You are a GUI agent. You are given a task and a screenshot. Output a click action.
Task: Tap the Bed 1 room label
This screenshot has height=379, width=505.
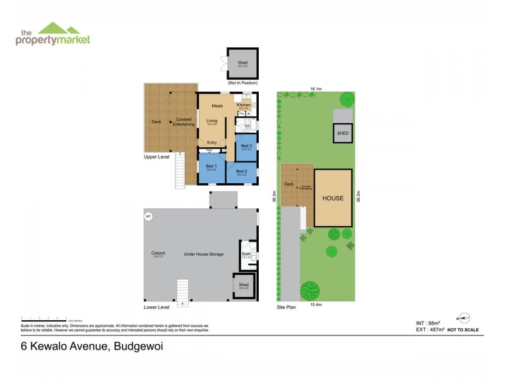(211, 167)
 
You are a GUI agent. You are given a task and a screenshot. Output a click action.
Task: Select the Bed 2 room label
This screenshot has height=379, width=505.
(241, 171)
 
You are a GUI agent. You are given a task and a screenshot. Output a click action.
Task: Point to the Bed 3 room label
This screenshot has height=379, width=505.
(247, 146)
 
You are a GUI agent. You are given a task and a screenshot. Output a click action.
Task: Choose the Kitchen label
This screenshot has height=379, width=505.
(244, 105)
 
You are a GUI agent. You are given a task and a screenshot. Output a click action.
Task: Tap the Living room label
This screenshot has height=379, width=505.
(211, 120)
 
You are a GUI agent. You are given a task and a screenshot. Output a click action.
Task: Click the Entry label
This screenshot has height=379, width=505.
(212, 142)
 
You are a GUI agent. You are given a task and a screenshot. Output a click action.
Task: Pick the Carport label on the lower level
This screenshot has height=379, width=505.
(158, 253)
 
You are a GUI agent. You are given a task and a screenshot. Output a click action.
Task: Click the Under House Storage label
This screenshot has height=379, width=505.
(203, 254)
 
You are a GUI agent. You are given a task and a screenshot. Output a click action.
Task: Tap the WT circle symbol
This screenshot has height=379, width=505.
(149, 217)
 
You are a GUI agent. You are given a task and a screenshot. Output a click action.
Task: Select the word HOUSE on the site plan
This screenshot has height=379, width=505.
(333, 198)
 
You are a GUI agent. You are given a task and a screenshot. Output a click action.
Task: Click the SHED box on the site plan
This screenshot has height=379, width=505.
(343, 133)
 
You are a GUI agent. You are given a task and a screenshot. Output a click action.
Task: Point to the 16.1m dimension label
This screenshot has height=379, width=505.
(316, 89)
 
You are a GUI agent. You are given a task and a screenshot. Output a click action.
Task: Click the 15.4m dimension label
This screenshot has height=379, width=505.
(316, 305)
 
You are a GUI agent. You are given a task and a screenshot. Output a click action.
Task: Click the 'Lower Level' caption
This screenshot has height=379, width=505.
(157, 307)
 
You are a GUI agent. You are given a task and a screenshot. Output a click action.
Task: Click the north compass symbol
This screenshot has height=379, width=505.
(463, 318)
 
